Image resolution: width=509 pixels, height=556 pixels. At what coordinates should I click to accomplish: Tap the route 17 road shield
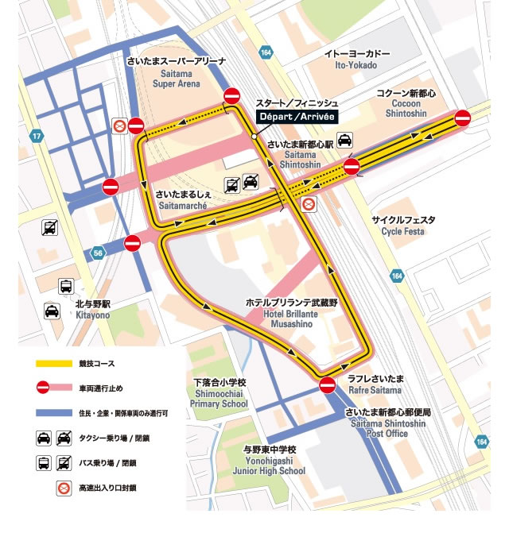point(36,137)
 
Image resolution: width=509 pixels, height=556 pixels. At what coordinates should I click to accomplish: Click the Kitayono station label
point(93,310)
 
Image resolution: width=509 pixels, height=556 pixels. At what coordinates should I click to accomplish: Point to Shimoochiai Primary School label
point(220,393)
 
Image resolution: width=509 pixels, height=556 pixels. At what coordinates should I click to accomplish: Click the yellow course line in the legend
point(52,364)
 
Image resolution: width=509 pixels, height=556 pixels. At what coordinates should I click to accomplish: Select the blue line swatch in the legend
point(52,413)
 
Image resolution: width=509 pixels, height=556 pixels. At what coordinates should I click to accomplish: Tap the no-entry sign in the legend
point(43,388)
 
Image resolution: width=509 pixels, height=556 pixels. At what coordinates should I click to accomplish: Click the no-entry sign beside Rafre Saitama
point(328,385)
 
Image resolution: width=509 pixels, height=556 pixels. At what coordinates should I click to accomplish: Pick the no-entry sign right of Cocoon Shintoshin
point(463,118)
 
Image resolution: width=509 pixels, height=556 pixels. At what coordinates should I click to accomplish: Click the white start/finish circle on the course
point(254,137)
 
